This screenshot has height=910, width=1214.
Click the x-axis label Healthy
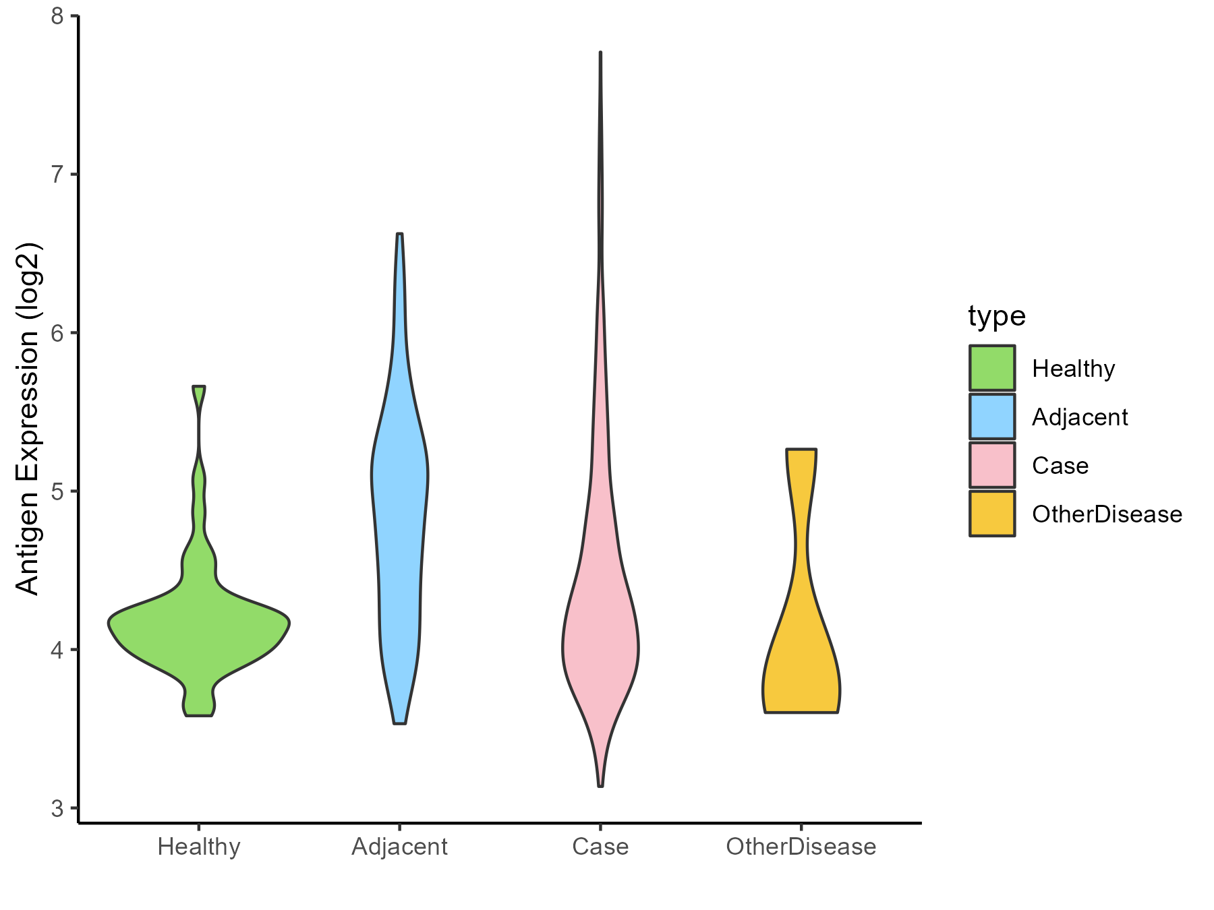[x=199, y=847]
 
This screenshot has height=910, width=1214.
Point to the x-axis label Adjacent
[x=399, y=847]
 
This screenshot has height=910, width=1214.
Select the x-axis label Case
[x=600, y=847]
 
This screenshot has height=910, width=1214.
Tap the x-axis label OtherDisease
[x=801, y=847]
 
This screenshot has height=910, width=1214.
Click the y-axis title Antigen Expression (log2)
[x=28, y=418]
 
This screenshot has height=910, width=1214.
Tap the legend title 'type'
[x=997, y=315]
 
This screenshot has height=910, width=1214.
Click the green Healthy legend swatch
[x=992, y=368]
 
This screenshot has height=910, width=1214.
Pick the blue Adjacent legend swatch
[x=992, y=417]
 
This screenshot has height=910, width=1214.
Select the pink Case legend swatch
[x=992, y=465]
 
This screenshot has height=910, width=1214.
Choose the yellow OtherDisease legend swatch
[x=992, y=514]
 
